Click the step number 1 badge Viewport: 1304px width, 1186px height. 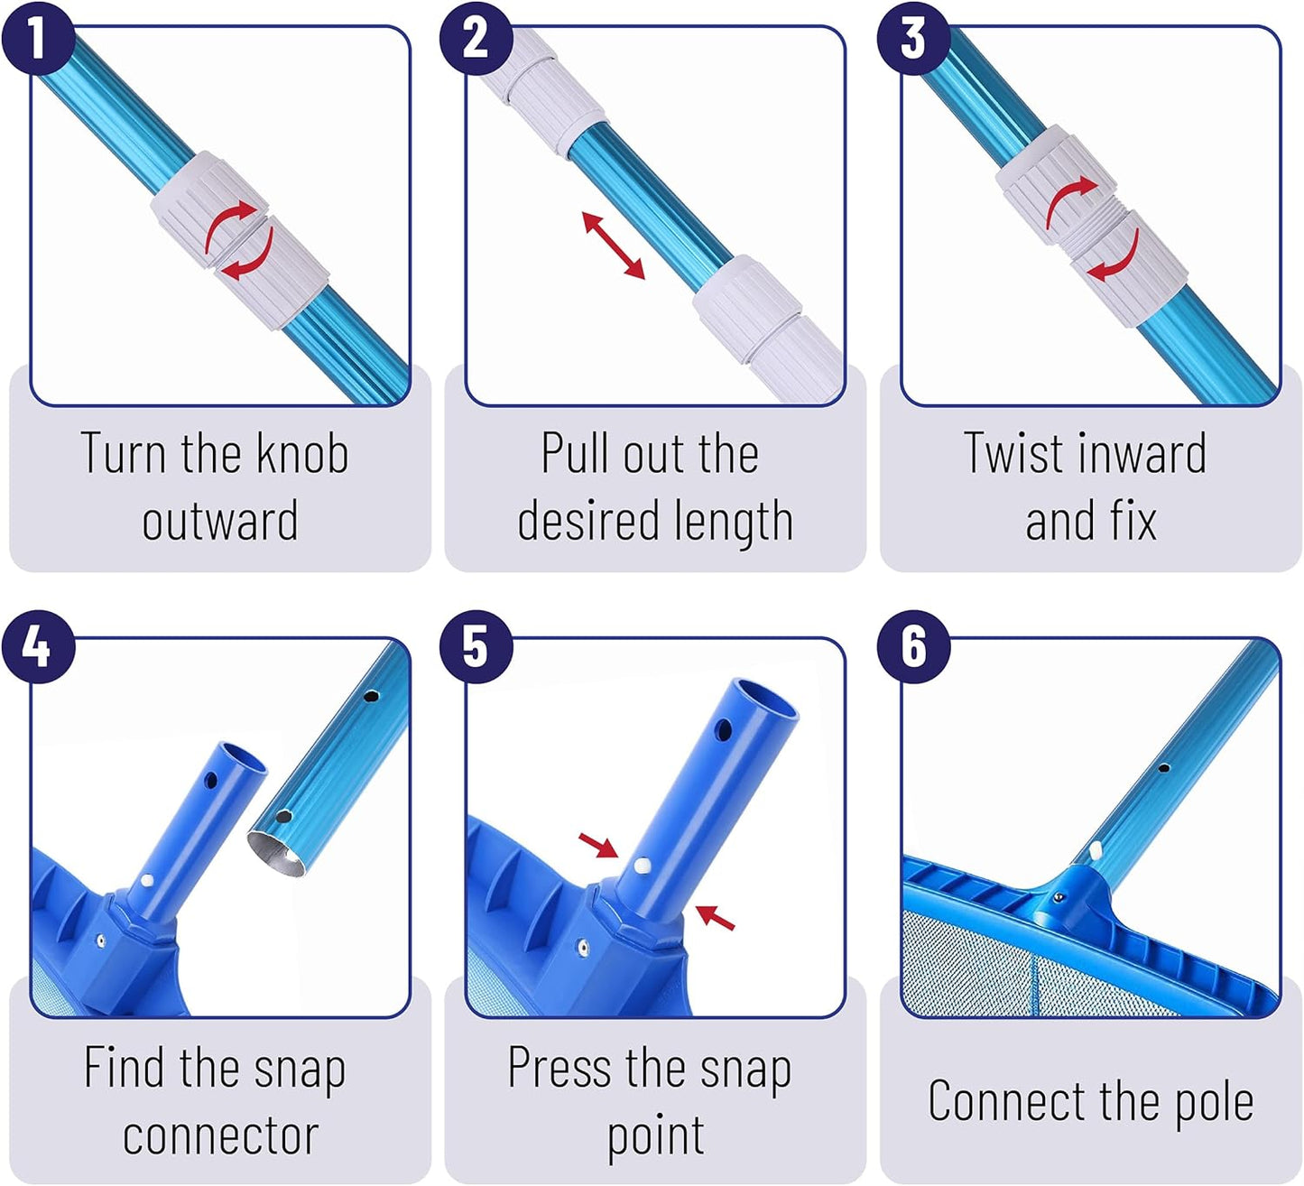(38, 38)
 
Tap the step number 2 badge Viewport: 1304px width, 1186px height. (476, 38)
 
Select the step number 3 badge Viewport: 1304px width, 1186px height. (913, 38)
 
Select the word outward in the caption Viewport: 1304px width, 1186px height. (219, 520)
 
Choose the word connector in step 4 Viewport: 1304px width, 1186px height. (220, 1136)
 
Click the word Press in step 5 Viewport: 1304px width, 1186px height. (560, 1067)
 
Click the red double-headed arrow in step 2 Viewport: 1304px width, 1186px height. (613, 246)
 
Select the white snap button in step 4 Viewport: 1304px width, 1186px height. (147, 881)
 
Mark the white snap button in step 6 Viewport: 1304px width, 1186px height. (1096, 848)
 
